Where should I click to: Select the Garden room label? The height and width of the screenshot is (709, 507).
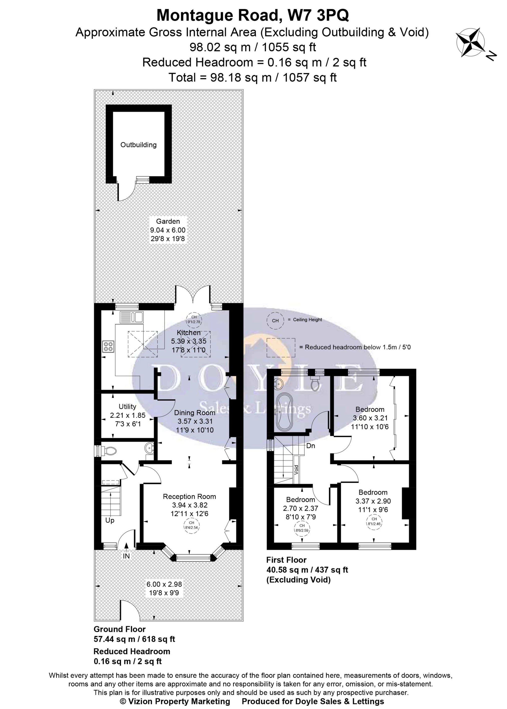click(168, 221)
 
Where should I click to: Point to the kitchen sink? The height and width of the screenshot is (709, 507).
click(131, 317)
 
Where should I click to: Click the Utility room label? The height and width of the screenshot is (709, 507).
click(127, 407)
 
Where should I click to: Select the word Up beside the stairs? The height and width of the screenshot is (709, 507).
click(110, 521)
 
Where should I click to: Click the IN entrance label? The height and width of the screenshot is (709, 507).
click(126, 556)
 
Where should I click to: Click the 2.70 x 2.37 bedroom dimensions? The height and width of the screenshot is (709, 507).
click(300, 508)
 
